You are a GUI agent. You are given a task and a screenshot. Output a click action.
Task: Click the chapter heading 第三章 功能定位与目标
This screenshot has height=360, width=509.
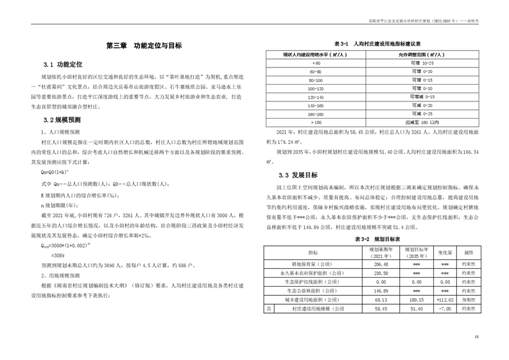click(x=144, y=46)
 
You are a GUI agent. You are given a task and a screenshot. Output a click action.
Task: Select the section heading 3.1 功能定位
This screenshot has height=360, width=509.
click(x=63, y=65)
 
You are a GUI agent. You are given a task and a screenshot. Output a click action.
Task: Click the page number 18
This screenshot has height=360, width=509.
click(x=476, y=336)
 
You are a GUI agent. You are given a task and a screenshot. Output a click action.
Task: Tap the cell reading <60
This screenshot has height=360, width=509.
click(x=316, y=64)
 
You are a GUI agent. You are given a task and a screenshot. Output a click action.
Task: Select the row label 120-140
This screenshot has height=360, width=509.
click(x=316, y=96)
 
